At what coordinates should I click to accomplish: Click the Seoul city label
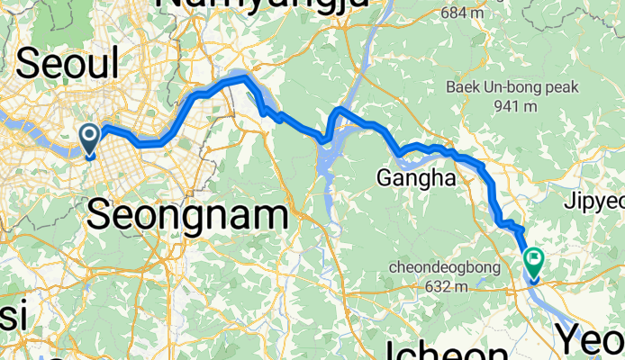[x=68, y=64]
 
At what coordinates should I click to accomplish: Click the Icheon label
[x=447, y=350]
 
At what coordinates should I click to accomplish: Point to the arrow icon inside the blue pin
[x=90, y=136]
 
